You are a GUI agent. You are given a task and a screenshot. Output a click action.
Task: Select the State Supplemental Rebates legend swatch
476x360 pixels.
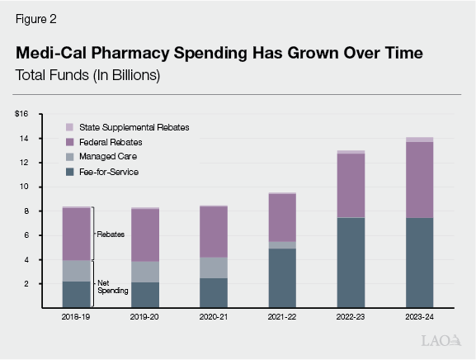[70, 127]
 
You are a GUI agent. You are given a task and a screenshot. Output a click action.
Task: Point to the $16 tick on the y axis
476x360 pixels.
[21, 114]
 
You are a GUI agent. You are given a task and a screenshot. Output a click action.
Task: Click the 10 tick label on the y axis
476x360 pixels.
[24, 187]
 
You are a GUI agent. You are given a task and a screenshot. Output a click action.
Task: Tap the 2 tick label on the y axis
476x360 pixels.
[26, 284]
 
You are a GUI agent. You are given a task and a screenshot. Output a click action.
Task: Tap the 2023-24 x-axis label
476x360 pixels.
[419, 316]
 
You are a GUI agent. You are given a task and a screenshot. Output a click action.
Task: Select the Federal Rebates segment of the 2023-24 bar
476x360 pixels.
[419, 179]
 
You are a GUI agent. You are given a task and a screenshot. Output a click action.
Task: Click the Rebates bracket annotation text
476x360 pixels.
[111, 234]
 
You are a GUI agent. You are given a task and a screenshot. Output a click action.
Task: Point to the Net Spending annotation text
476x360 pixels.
[112, 287]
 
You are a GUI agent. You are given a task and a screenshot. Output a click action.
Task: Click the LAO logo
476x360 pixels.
[441, 340]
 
